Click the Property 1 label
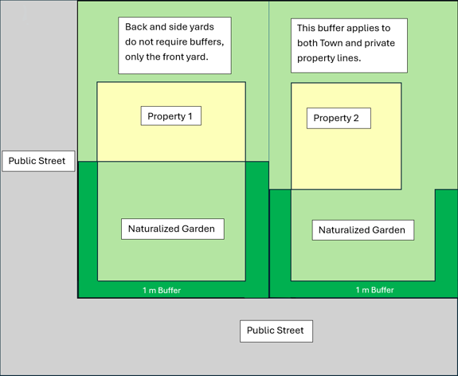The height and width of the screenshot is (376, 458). [170, 116]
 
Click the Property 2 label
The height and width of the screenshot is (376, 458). [338, 119]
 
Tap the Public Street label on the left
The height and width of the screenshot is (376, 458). [37, 161]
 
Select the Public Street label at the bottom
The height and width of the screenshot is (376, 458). [276, 331]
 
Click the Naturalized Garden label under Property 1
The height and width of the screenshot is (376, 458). [171, 229]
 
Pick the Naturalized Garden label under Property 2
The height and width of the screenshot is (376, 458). [362, 230]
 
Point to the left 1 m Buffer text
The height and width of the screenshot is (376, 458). [162, 291]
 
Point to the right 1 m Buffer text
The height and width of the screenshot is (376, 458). [374, 291]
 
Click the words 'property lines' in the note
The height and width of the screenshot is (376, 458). [329, 58]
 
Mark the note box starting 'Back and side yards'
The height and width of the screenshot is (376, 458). [174, 45]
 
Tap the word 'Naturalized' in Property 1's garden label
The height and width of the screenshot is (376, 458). [153, 229]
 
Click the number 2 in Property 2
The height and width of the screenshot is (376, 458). [355, 119]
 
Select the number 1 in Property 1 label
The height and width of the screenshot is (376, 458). [190, 116]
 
